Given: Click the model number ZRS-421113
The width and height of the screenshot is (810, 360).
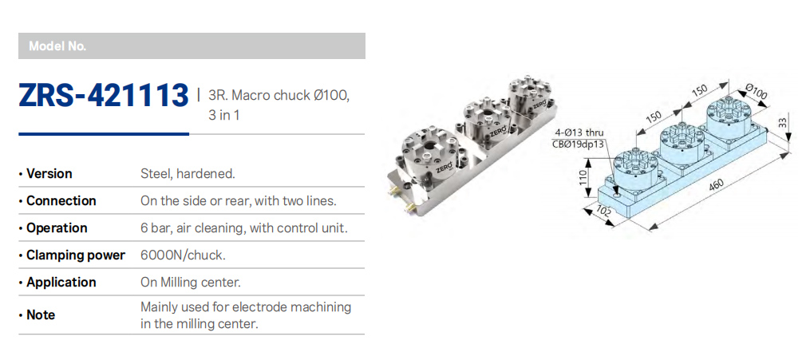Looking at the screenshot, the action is coord(103,96).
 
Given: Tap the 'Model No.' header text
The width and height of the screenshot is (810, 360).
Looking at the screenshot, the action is coord(57,46).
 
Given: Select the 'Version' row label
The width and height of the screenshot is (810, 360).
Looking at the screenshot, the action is coord(49,173).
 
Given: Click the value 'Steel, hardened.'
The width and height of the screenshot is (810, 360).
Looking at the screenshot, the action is coord(188,173).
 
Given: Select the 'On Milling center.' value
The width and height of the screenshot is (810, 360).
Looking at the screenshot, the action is coord(191,282).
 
